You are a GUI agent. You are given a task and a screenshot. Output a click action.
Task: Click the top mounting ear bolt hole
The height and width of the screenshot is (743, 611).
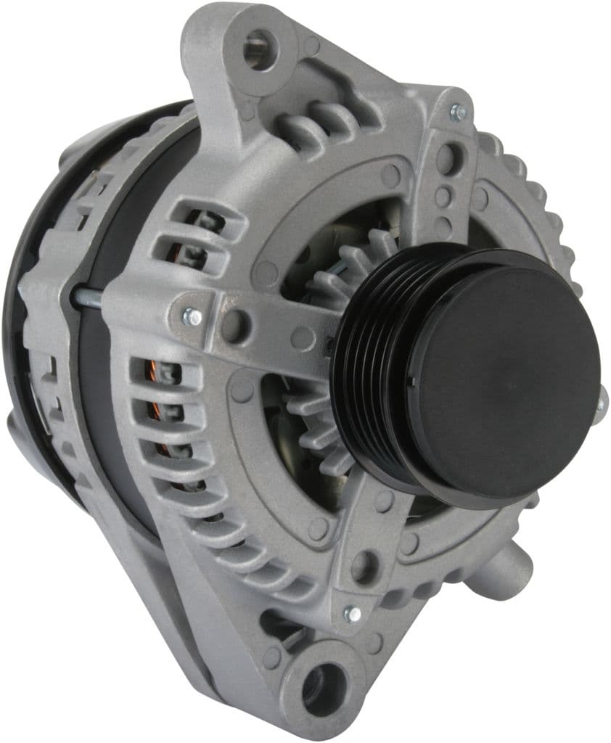258,49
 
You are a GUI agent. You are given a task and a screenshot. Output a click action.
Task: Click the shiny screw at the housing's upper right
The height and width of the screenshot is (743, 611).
457,112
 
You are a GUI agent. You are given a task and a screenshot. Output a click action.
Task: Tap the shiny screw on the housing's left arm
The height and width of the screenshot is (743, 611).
192,317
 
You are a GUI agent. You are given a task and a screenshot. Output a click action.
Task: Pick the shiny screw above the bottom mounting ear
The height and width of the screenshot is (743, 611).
352,614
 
